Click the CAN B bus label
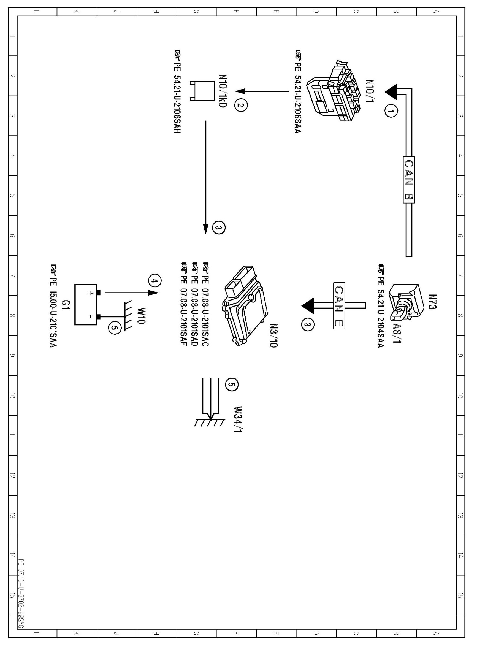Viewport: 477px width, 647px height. click(x=409, y=180)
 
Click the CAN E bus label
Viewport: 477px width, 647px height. click(x=339, y=306)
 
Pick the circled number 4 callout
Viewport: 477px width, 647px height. click(x=155, y=281)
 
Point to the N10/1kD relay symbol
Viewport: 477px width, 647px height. click(x=202, y=91)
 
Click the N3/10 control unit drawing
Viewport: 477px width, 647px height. click(x=245, y=306)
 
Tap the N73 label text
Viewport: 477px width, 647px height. click(x=432, y=302)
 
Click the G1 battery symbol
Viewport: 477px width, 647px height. click(x=86, y=305)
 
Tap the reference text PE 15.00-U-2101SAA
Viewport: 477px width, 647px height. click(x=53, y=306)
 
